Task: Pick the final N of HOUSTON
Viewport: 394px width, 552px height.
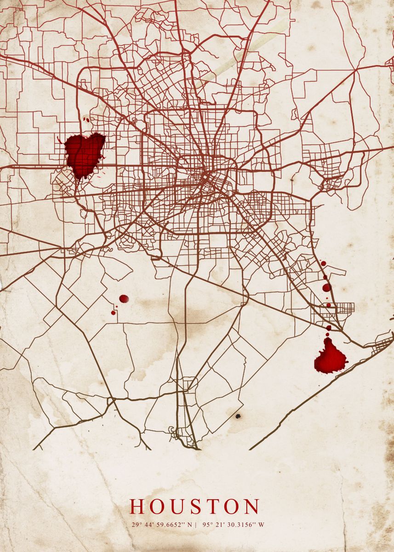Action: [251, 506]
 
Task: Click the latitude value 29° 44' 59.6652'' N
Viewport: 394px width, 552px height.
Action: [160, 525]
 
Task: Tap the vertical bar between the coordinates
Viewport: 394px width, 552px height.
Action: [196, 525]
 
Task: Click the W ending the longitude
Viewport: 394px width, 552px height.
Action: [262, 525]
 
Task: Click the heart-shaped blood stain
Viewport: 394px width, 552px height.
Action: [84, 153]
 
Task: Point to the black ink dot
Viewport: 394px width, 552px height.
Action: [238, 416]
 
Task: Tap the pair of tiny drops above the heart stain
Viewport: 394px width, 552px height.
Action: [87, 120]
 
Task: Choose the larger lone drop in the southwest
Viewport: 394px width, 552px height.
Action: [124, 299]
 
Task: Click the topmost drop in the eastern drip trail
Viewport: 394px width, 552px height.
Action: [323, 264]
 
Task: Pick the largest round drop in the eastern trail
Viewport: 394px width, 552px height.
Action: [326, 287]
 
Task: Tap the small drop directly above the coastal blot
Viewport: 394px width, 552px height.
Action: [328, 328]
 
